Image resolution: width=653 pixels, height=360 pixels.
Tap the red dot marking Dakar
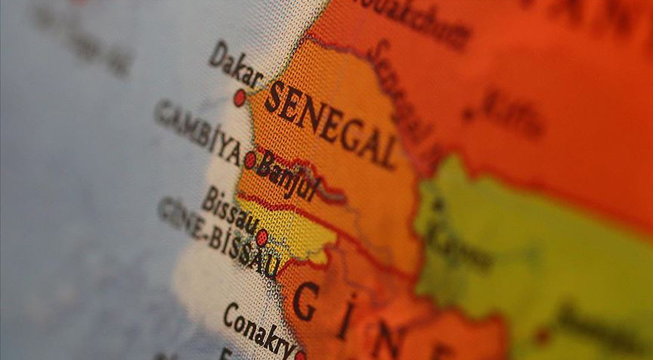click(x=240, y=98)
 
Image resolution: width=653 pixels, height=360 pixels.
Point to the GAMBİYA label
click(x=197, y=132)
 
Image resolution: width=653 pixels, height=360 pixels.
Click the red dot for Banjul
click(x=250, y=160)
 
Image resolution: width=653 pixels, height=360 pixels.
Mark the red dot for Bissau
click(x=262, y=237)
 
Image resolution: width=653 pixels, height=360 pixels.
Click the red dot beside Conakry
click(x=300, y=355)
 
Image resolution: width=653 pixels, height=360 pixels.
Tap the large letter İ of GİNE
click(x=345, y=321)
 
